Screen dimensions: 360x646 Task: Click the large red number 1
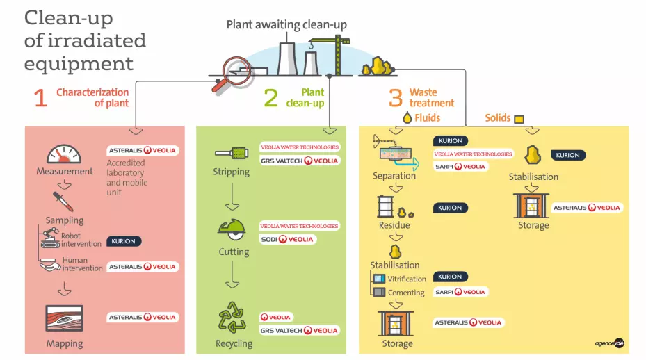pos(40,99)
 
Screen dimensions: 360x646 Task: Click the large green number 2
pos(270,98)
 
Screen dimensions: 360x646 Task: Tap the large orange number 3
pos(395,98)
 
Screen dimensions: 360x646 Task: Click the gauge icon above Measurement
pos(64,154)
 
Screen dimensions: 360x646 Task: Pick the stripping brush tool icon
pos(232,152)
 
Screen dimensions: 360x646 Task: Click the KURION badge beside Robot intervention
pos(124,242)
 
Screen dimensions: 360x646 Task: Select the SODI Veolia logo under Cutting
pos(288,239)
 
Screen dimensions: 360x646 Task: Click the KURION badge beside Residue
pos(450,208)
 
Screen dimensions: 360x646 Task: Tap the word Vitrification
pos(407,279)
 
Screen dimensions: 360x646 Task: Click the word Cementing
pos(406,293)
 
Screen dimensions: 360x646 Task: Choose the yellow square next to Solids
pos(518,119)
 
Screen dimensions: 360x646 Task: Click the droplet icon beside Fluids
pos(407,118)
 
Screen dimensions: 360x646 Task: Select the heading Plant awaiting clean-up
pos(286,25)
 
